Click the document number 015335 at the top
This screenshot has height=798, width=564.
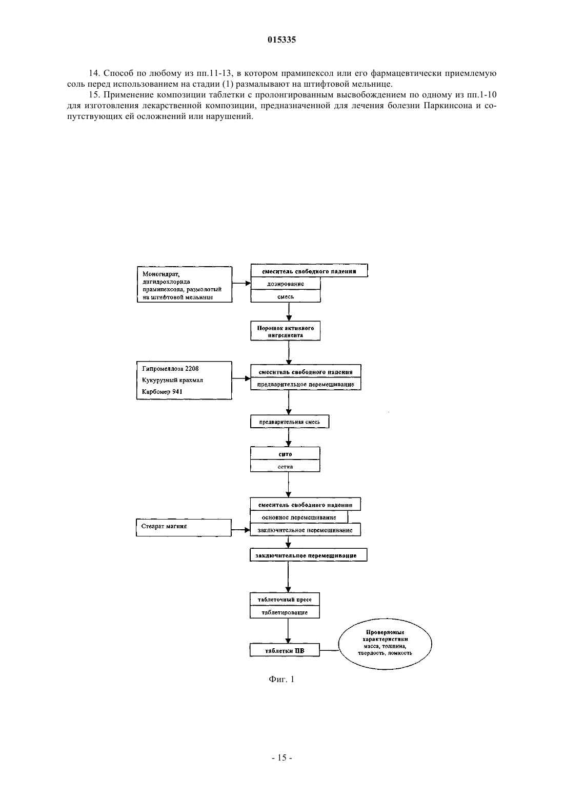[281, 39]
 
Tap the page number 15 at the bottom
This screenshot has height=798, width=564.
[282, 757]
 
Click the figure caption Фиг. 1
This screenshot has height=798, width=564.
[281, 679]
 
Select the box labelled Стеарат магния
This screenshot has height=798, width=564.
[184, 527]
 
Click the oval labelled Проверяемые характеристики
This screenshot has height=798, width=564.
[385, 644]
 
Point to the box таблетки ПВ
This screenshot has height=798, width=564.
[285, 651]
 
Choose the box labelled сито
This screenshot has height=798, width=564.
[285, 453]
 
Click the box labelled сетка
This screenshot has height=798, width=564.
[285, 466]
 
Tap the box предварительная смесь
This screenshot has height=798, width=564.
[290, 422]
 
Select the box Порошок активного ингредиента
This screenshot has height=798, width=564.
[285, 331]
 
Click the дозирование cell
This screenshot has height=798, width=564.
[286, 284]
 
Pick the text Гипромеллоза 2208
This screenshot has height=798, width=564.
[170, 368]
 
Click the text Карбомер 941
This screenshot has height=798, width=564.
[162, 391]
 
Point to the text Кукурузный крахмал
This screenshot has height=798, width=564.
[172, 380]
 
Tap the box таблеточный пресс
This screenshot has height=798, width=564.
[285, 599]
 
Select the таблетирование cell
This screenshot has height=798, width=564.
[285, 612]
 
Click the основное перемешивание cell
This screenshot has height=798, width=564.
[299, 517]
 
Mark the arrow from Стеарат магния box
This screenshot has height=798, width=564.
[240, 530]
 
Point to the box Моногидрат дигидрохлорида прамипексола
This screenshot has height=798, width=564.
[185, 285]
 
